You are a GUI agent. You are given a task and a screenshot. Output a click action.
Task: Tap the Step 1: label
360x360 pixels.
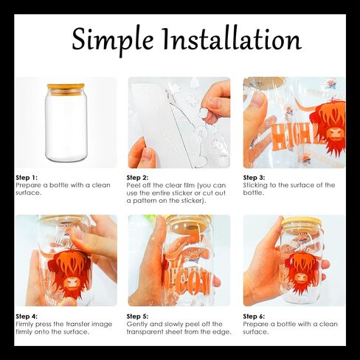pyautogui.click(x=27, y=178)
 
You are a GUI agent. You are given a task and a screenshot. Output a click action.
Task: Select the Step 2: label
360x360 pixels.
pyautogui.click(x=137, y=178)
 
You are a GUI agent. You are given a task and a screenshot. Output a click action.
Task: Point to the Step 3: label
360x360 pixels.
pyautogui.click(x=254, y=178)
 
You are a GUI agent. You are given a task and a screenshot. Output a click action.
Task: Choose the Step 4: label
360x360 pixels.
pyautogui.click(x=27, y=316)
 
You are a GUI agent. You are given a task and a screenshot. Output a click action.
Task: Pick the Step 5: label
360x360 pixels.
pyautogui.click(x=137, y=316)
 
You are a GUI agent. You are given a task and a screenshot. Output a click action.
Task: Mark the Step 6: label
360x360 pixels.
pyautogui.click(x=254, y=316)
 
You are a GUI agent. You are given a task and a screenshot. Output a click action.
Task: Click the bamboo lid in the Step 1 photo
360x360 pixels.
pyautogui.click(x=66, y=89)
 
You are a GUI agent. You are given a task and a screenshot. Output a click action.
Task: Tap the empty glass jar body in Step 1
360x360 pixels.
pyautogui.click(x=66, y=128)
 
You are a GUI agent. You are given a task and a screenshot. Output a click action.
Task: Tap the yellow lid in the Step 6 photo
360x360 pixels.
pyautogui.click(x=302, y=221)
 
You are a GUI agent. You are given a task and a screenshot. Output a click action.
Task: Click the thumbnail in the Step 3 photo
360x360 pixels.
pyautogui.click(x=257, y=100)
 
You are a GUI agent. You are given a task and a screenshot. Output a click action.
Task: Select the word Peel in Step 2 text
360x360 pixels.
pyautogui.click(x=133, y=185)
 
